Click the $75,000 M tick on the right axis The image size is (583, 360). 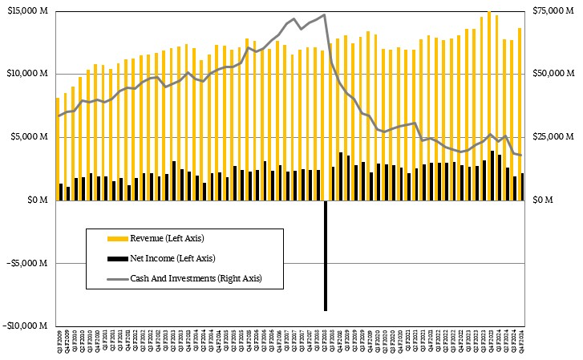pos(553,10)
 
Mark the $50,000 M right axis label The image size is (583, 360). pos(553,74)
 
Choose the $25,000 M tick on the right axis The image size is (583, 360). pos(553,137)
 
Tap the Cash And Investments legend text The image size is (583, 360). pos(196,278)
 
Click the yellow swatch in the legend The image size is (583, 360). pos(118,238)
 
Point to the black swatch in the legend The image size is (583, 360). pos(118,258)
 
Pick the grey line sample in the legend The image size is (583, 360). pos(118,278)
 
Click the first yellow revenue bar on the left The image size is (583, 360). pos(58,148)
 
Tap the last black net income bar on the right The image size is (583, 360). pos(523,187)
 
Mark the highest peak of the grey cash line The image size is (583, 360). pos(324,14)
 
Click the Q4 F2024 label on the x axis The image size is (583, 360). pos(523,338)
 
